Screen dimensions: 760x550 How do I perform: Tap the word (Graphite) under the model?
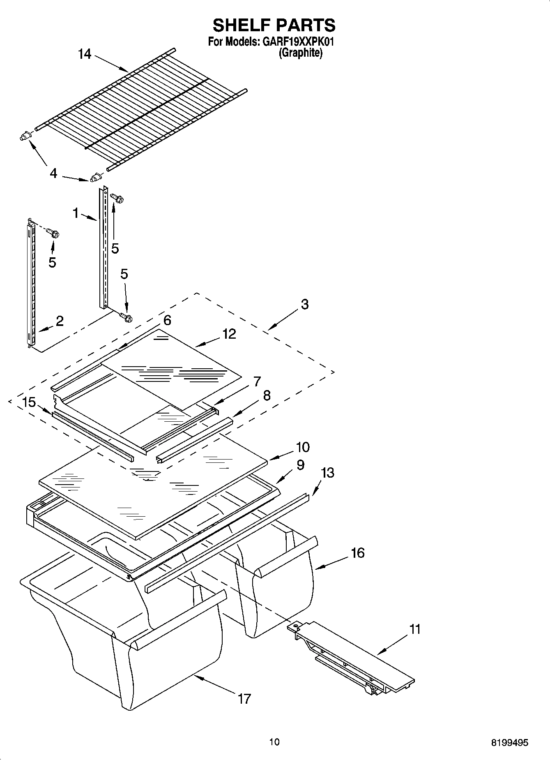coord(300,53)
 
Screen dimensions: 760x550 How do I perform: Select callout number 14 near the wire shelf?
coord(85,54)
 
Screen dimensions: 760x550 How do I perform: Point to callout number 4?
coord(53,173)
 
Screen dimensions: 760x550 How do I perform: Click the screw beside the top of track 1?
coord(118,199)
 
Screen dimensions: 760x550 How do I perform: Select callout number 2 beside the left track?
coord(60,321)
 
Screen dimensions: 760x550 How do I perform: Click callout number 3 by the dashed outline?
coord(304,304)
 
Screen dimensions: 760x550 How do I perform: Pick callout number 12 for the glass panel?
coord(229,334)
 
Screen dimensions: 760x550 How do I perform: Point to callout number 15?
coord(29,402)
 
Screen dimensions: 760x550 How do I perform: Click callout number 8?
coord(267,395)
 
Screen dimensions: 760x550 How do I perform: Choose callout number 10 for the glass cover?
coord(302,447)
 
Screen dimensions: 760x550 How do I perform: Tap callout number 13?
coord(327,473)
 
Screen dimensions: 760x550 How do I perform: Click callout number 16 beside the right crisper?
coord(357,553)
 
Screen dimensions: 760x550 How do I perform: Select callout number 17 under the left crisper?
coord(244,698)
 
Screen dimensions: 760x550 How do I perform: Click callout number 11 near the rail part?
coord(415,629)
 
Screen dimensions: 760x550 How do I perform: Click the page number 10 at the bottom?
coord(274,742)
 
